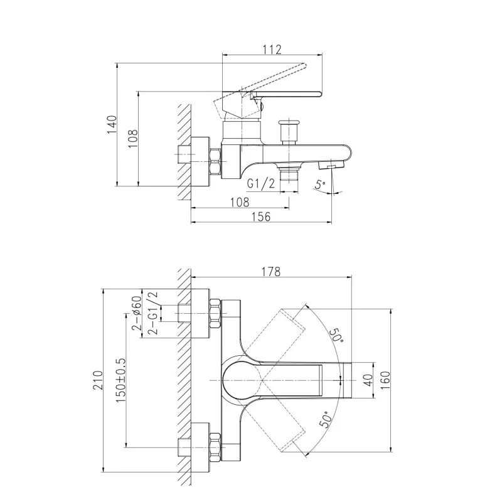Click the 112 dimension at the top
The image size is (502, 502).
272,50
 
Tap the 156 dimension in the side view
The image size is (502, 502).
260,216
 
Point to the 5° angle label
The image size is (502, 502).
321,185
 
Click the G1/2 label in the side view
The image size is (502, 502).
260,184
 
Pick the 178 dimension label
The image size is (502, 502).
270,272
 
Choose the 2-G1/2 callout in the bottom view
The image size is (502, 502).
152,313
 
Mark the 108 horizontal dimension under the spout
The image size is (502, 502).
240,202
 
